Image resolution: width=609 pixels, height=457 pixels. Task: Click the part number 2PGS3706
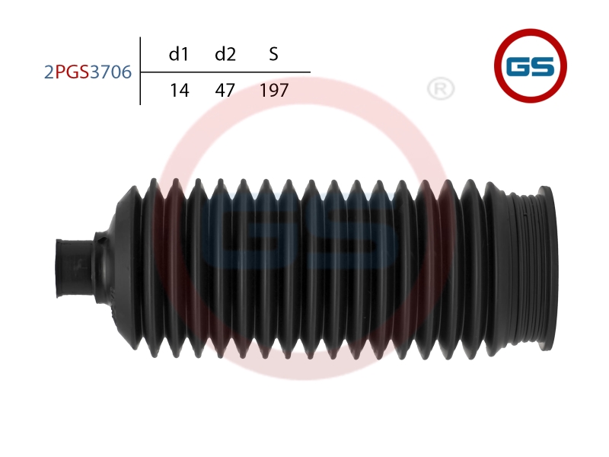pos(88,72)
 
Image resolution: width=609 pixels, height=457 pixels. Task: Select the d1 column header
pos(179,53)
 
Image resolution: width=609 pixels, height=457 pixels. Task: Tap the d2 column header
pos(225,53)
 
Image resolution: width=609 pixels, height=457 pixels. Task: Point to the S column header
pos(273,54)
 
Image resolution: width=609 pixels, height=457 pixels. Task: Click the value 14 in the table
pos(180,90)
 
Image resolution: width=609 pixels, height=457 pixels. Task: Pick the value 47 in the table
pos(225,90)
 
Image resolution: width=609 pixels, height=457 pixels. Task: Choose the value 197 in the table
pos(274,90)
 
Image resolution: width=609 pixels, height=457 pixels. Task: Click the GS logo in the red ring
pos(531,66)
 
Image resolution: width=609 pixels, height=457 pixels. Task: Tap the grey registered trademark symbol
pos(441,89)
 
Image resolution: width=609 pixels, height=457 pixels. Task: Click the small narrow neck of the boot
pos(75,268)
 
